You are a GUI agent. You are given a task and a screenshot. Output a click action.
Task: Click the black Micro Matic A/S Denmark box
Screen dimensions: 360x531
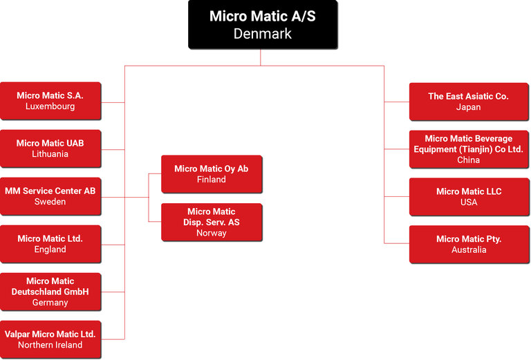[x=263, y=24]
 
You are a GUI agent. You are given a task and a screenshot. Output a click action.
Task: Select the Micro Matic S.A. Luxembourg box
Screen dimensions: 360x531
[x=50, y=101]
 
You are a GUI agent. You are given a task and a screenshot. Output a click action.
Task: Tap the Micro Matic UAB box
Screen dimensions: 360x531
[x=50, y=148]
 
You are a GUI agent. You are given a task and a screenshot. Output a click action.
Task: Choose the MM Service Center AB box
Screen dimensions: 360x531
[x=50, y=196]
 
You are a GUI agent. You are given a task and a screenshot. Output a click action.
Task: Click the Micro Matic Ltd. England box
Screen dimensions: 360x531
[x=50, y=243]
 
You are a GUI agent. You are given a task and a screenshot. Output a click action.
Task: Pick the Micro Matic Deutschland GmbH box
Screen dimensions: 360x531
[x=50, y=291]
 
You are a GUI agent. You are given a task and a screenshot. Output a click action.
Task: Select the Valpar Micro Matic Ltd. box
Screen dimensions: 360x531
[x=50, y=339]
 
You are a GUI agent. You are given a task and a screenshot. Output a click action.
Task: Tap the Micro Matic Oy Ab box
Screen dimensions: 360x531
[x=212, y=173]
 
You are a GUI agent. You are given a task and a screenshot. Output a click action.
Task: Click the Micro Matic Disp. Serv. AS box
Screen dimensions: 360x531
[x=212, y=222]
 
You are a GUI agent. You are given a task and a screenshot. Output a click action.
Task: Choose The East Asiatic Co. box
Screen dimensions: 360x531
[x=469, y=102]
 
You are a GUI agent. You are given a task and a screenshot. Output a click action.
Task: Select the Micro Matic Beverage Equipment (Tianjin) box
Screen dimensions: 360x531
[x=469, y=149]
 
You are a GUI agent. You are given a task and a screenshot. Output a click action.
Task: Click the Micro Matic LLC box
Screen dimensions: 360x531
[x=469, y=196]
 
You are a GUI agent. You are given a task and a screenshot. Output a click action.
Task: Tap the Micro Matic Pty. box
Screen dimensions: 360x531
[x=469, y=244]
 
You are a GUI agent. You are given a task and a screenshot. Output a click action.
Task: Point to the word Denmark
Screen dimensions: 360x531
[x=263, y=33]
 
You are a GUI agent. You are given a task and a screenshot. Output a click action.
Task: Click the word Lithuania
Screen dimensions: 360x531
[x=50, y=154]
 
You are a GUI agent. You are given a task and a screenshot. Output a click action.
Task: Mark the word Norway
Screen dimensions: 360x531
[x=212, y=233]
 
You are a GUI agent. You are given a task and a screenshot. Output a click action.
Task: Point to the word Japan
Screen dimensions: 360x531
[x=469, y=107]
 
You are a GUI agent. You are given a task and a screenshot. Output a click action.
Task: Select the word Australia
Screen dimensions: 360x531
[x=469, y=249]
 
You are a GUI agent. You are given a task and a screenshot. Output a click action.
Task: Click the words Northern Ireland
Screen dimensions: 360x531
[x=50, y=345]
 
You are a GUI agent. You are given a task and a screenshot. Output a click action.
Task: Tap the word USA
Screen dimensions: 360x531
[x=469, y=202]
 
